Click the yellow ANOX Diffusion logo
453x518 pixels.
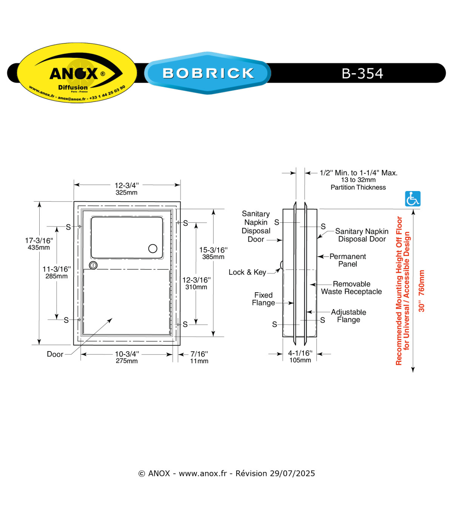(x=77, y=72)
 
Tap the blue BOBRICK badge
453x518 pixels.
(x=208, y=73)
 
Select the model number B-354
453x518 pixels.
(x=362, y=73)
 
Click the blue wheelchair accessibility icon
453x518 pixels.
(x=413, y=199)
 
